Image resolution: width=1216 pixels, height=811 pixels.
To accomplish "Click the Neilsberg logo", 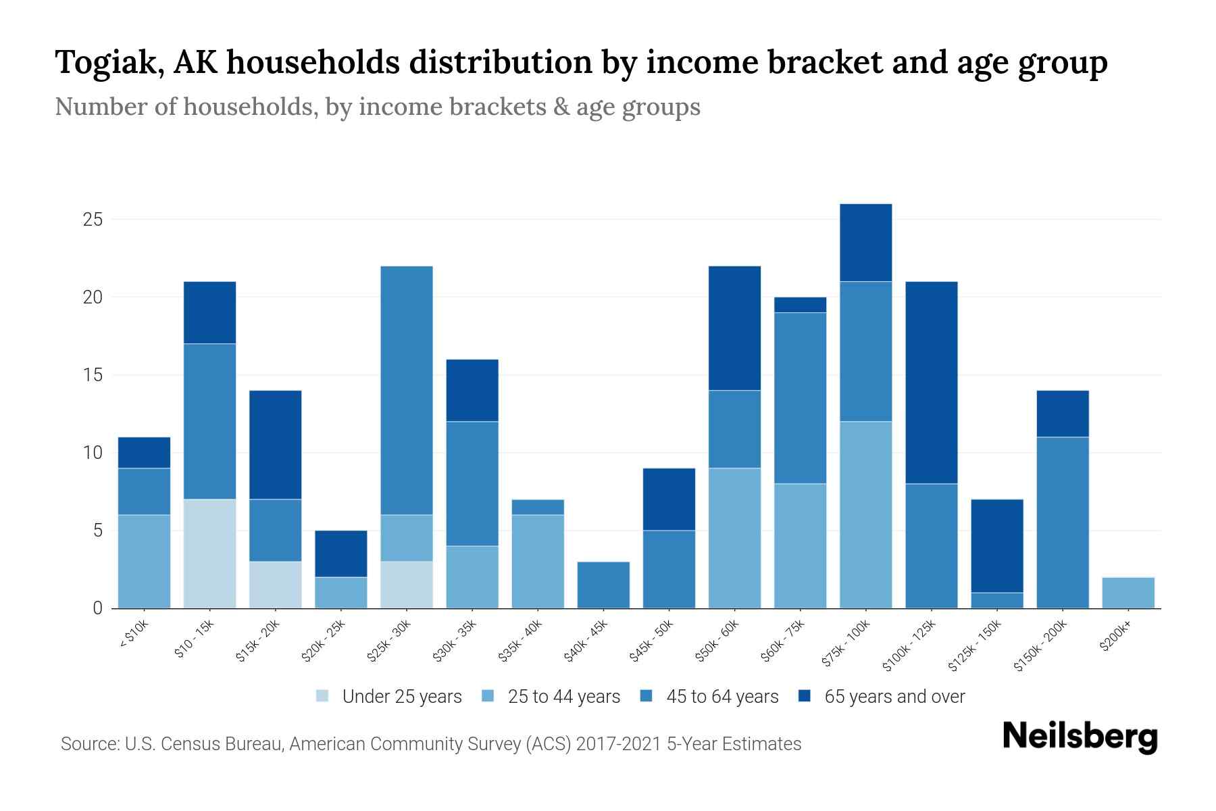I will click(x=1080, y=737).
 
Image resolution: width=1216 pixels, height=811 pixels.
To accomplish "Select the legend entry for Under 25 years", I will click(x=389, y=696).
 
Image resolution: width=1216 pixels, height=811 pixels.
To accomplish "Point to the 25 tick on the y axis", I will click(x=93, y=220).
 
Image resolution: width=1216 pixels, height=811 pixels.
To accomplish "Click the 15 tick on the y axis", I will click(x=93, y=375).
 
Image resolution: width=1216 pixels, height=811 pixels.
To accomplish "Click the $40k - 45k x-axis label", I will click(x=586, y=642).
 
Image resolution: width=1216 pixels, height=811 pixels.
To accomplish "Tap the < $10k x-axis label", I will click(x=134, y=635).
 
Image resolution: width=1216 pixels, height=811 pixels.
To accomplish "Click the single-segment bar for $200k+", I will click(x=1128, y=593).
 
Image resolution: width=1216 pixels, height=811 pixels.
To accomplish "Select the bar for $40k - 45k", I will click(x=603, y=585).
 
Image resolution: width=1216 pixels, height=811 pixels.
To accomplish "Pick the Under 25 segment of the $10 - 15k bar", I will click(x=209, y=554).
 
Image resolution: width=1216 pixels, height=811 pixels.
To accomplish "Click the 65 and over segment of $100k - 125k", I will click(x=931, y=383).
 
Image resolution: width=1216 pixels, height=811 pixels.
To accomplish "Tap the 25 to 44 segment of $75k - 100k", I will click(x=865, y=515).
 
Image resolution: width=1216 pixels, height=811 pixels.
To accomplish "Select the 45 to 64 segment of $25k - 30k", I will click(x=407, y=391).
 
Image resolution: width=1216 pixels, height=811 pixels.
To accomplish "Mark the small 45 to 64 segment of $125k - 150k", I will click(x=996, y=600).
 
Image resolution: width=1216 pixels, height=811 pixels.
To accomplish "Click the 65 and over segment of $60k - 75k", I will click(x=800, y=305).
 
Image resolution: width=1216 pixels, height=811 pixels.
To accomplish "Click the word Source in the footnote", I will click(x=88, y=744).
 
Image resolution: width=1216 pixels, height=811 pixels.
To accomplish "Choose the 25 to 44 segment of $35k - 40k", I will click(x=538, y=562).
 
